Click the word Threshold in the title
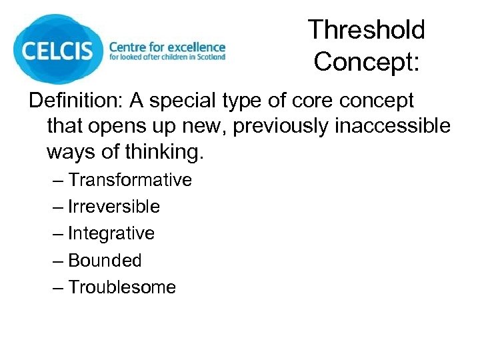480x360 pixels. [x=366, y=30]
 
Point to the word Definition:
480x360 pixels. [x=75, y=101]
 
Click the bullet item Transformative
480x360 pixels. [x=129, y=180]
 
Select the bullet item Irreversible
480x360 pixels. [x=114, y=207]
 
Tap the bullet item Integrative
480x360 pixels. [x=111, y=233]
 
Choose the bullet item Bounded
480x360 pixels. [x=105, y=260]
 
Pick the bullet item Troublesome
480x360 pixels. [x=122, y=287]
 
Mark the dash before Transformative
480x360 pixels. [x=58, y=181]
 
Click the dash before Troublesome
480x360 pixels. [x=58, y=288]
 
